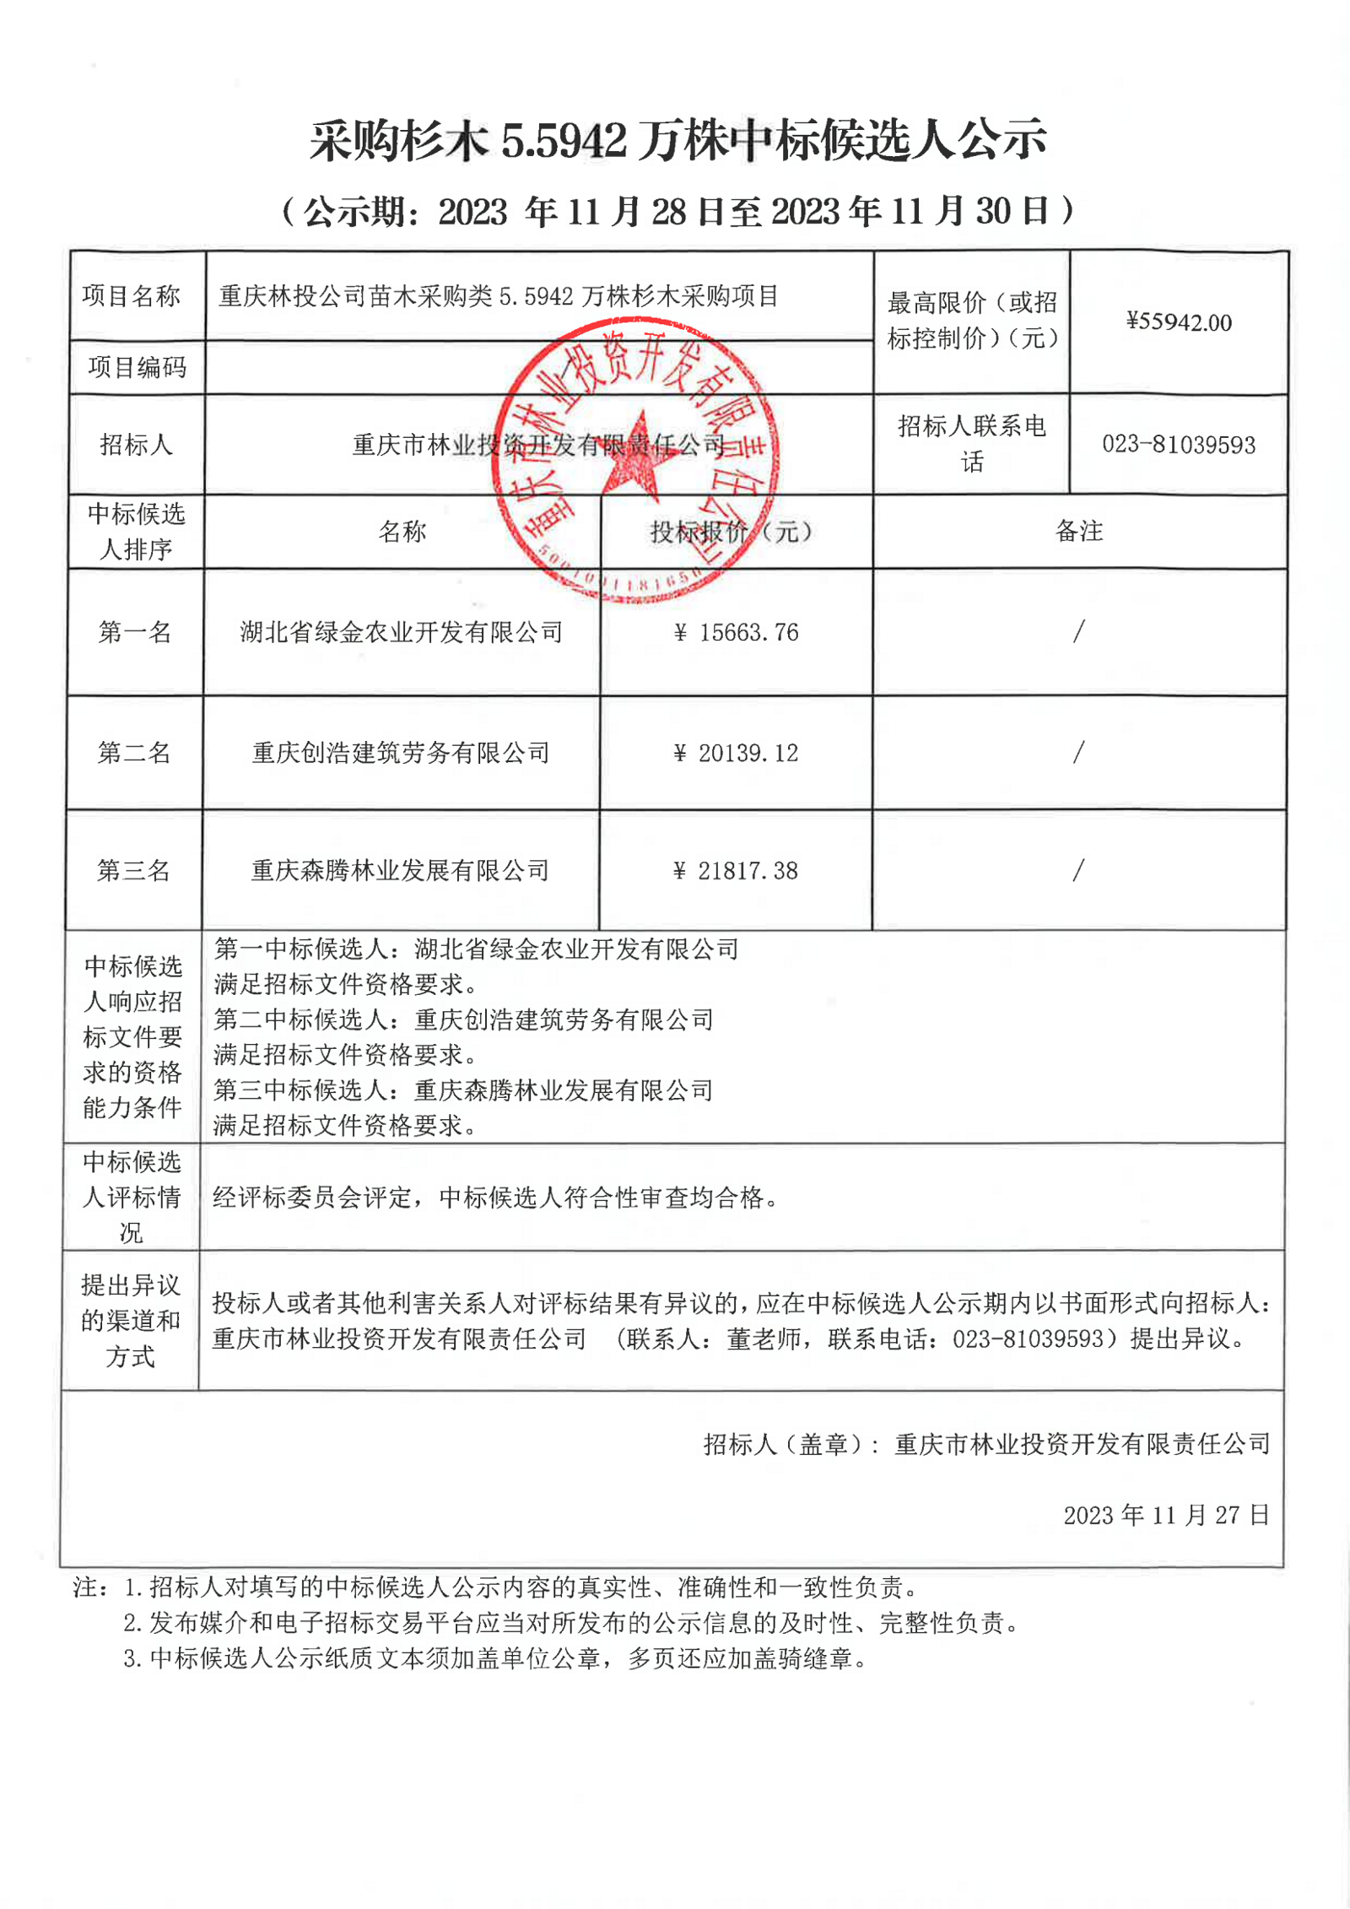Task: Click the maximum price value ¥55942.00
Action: [x=1179, y=322]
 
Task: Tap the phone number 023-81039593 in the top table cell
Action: [x=1179, y=445]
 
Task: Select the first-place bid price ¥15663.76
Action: [x=737, y=632]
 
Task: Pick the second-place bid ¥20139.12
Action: [x=737, y=753]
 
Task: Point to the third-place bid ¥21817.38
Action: [x=737, y=871]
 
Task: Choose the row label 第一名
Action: [x=135, y=632]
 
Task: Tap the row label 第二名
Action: [x=135, y=753]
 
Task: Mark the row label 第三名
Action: [x=134, y=870]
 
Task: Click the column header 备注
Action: [x=1079, y=531]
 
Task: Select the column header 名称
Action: [x=402, y=532]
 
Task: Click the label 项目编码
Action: [x=138, y=367]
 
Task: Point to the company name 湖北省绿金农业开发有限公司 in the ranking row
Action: [x=402, y=632]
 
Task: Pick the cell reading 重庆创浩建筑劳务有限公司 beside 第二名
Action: [x=402, y=753]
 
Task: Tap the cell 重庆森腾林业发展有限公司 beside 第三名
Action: [x=401, y=870]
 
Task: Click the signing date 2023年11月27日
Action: [x=1166, y=1515]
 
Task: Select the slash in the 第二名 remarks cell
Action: [x=1078, y=752]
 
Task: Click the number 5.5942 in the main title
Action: [x=564, y=140]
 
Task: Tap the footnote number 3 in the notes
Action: [x=131, y=1659]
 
